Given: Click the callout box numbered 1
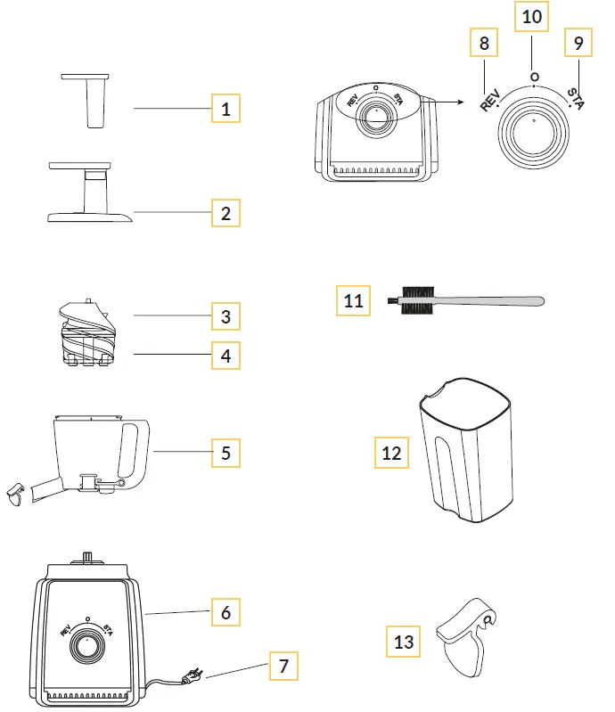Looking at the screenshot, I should pos(225,109).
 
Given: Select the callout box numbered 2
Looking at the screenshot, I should pos(225,213).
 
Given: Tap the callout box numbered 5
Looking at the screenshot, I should pos(225,453).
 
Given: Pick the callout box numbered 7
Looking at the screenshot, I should pos(283,666).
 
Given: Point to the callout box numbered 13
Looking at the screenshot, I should pos(404,640).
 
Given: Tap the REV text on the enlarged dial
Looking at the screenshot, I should pos(489,99).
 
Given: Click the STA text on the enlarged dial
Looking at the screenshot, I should pos(576,99).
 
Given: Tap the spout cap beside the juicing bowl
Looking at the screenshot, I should pos(15,495).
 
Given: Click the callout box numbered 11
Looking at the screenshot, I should pos(353,300).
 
